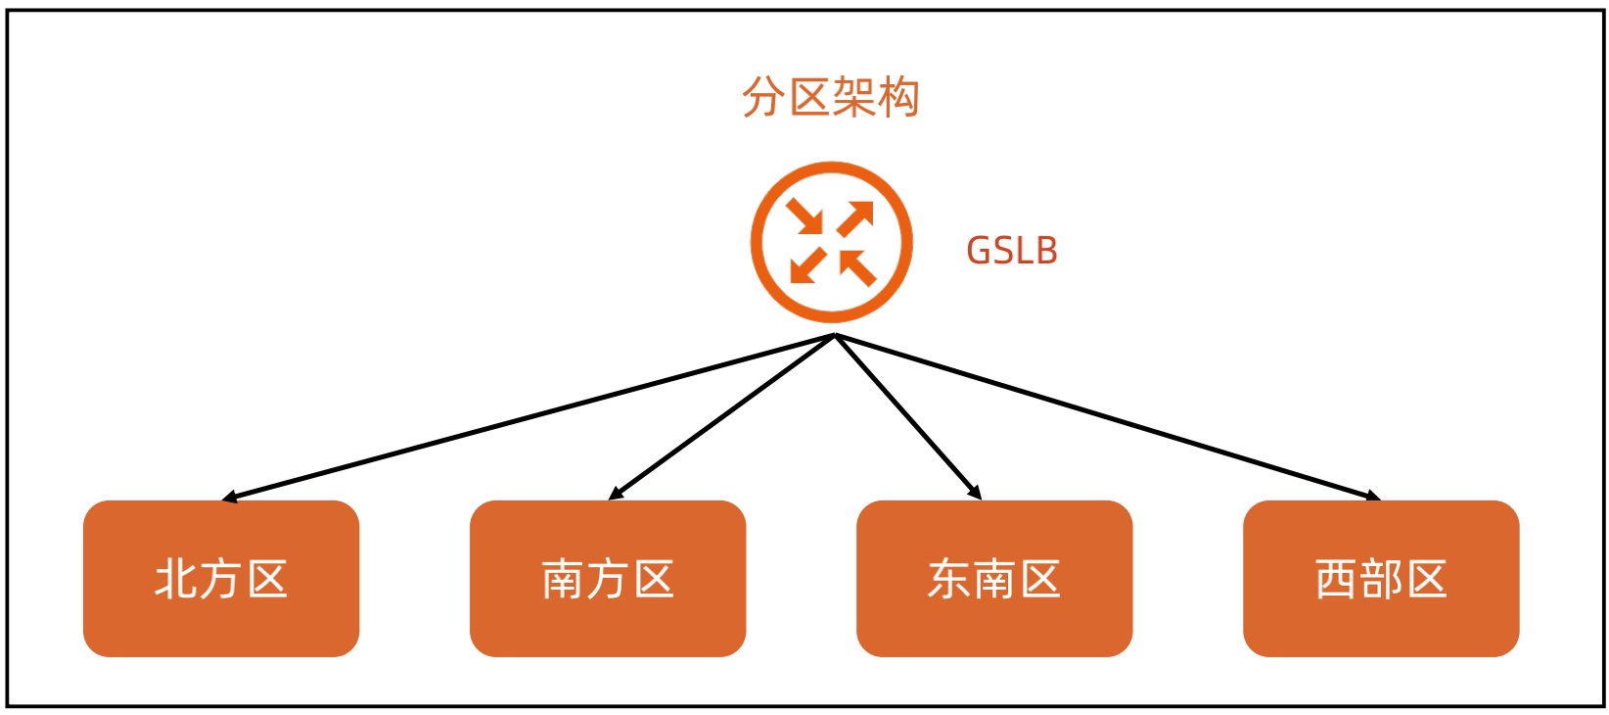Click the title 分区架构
click(x=830, y=97)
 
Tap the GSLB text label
click(x=1012, y=251)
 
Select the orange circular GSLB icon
click(x=831, y=242)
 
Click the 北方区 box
click(x=221, y=578)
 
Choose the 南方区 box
click(x=608, y=578)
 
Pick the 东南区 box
click(x=994, y=578)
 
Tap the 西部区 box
click(x=1381, y=578)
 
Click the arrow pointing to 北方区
click(x=529, y=416)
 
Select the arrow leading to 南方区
click(x=722, y=416)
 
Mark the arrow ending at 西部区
click(x=1106, y=416)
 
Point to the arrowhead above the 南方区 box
click(x=616, y=493)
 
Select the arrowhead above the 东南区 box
click(x=973, y=492)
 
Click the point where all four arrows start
click(x=835, y=336)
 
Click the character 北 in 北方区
click(x=176, y=579)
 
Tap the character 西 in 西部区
click(x=1336, y=579)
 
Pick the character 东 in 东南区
click(x=949, y=579)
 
